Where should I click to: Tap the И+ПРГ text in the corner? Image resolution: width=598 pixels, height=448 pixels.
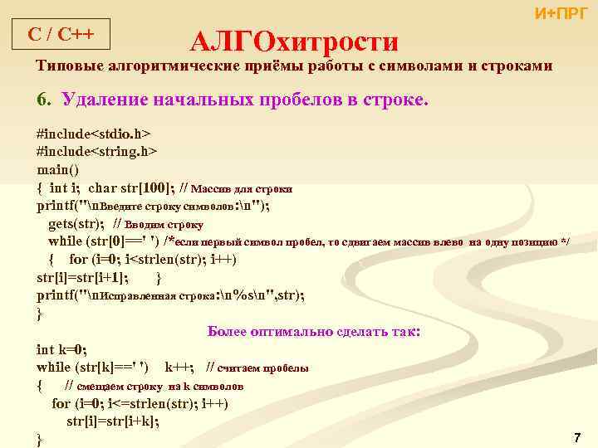pos(561,14)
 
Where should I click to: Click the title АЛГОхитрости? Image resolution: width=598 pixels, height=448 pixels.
pos(294,41)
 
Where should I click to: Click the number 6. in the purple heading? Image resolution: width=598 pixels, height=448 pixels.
pos(45,100)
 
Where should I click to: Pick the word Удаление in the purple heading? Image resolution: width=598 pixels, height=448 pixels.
pos(102,100)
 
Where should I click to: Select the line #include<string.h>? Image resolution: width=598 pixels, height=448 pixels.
pos(96,152)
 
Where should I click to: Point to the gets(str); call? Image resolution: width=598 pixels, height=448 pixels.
pos(76,223)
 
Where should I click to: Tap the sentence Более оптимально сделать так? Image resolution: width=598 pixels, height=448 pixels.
pos(314,331)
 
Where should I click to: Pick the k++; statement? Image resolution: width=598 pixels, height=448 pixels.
pos(179,367)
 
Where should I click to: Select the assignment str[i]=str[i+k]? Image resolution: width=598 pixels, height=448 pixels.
pos(112,421)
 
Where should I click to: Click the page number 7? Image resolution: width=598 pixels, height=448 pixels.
pos(577,437)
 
